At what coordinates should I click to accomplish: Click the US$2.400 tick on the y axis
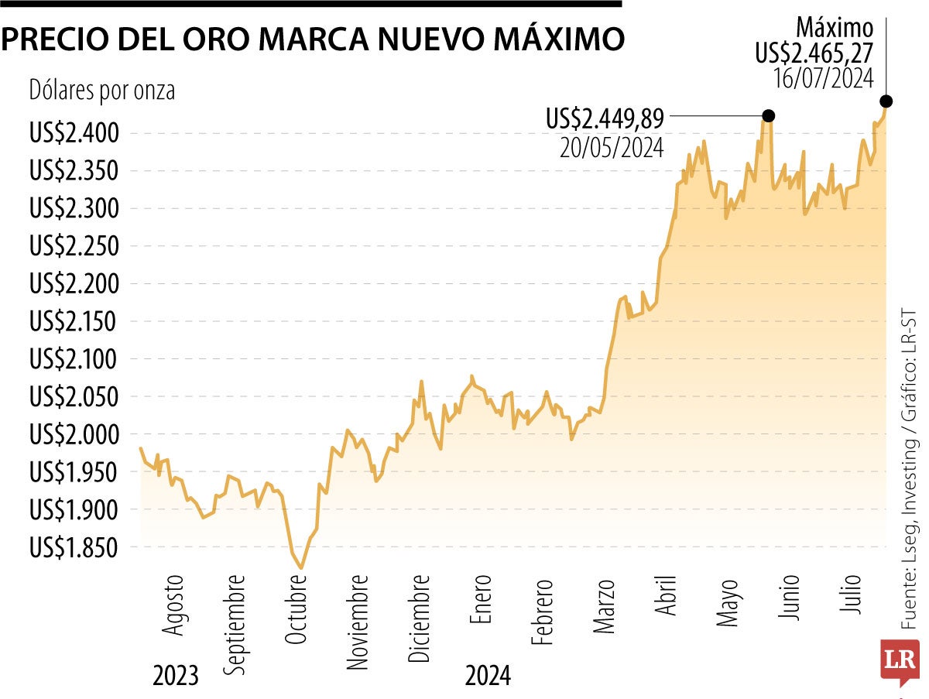pos(74,133)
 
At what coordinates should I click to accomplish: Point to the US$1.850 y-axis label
pos(74,548)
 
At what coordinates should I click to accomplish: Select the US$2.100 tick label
pos(74,360)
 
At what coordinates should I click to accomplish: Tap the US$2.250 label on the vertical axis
pos(74,246)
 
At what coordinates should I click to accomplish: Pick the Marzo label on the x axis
pos(605,605)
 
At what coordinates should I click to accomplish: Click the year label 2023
pos(175,676)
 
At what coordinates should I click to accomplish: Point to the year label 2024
pos(488,676)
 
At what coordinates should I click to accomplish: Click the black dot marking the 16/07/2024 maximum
pos(886,101)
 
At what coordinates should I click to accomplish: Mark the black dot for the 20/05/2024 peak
pos(768,116)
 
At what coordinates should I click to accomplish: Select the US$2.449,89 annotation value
pos(605,118)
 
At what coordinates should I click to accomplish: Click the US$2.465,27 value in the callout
pos(814,53)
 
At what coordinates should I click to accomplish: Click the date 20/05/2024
pos(612,147)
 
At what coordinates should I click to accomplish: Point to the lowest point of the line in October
pos(301,568)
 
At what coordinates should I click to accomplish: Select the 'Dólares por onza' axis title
pos(101,91)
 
